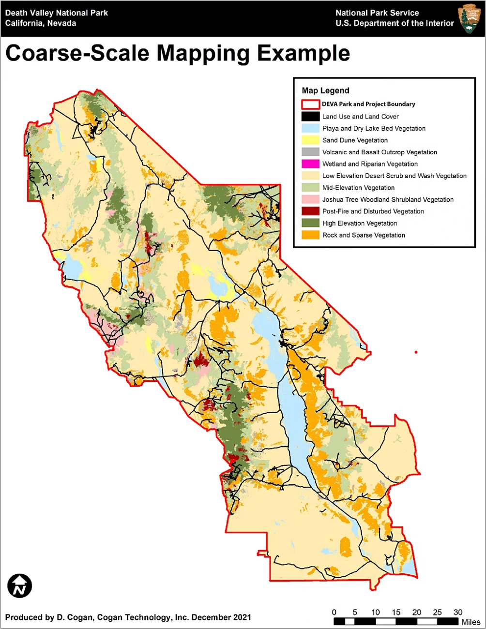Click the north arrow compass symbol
tap(20, 586)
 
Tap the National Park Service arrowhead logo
tap(468, 18)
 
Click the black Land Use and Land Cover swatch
tap(310, 117)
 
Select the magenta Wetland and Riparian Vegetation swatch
tap(310, 164)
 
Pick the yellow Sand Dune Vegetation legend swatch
tap(310, 140)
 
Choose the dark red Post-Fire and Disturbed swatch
tap(310, 211)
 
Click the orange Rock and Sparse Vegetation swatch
tap(310, 235)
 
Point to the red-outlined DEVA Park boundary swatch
tap(310, 104)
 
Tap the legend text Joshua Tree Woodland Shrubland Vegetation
tap(388, 199)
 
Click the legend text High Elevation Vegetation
tap(360, 223)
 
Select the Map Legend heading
tap(325, 90)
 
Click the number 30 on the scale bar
tap(458, 612)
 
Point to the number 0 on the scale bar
tap(334, 612)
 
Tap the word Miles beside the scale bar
tap(471, 622)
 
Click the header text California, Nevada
tap(41, 23)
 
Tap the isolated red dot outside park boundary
tap(416, 352)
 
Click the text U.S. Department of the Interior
tap(395, 23)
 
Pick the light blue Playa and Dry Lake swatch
tap(310, 128)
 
